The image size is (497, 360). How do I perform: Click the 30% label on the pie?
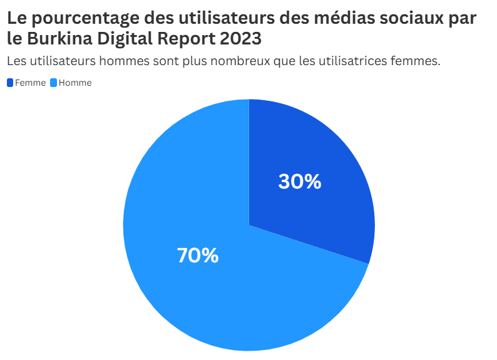299,182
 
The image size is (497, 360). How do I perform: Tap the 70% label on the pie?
198,255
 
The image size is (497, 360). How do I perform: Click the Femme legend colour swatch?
10,83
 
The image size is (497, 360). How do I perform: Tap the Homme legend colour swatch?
53,83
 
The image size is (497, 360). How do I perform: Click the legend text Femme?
30,83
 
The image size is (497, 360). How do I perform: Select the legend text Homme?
75,83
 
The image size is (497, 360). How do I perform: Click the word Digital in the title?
123,38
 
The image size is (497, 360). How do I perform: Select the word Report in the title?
185,38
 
